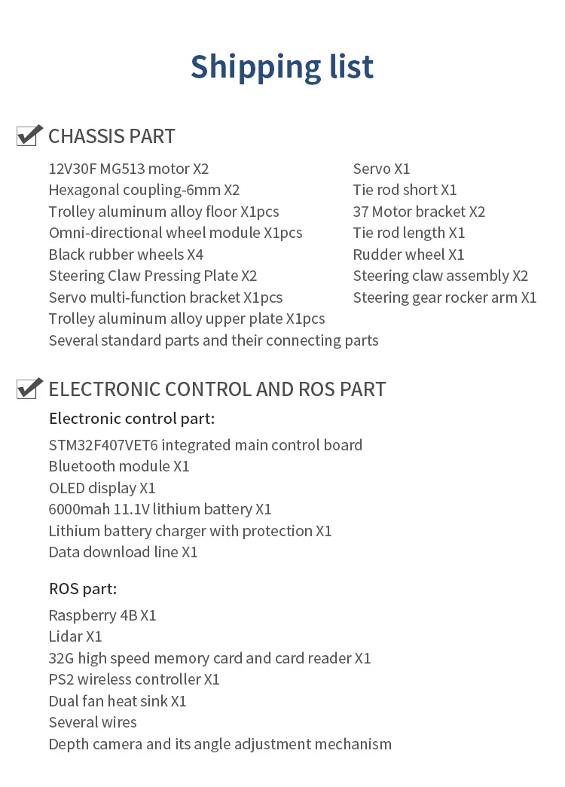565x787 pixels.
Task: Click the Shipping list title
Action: click(x=282, y=67)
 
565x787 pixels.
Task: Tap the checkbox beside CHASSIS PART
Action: click(x=29, y=136)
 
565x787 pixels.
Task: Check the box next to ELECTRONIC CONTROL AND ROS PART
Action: click(x=29, y=389)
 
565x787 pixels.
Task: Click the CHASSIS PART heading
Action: click(x=111, y=136)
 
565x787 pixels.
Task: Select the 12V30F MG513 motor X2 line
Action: click(x=129, y=169)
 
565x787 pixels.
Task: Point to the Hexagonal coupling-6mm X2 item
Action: click(x=144, y=190)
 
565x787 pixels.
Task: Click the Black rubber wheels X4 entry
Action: click(x=126, y=255)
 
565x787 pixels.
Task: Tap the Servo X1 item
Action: click(x=381, y=169)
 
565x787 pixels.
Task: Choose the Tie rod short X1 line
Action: click(x=405, y=190)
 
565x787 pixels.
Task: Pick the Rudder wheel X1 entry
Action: click(x=408, y=255)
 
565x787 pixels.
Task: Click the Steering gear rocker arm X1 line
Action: click(x=444, y=297)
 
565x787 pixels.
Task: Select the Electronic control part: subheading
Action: click(x=132, y=419)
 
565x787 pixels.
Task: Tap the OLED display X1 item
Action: click(x=102, y=488)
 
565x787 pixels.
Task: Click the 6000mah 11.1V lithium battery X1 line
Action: click(x=160, y=510)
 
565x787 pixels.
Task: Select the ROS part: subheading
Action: click(x=83, y=589)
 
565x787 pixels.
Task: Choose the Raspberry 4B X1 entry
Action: click(x=102, y=615)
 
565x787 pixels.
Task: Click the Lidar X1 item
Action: click(x=75, y=636)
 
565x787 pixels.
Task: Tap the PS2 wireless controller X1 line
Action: click(x=134, y=679)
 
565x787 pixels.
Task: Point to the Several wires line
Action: click(x=93, y=722)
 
